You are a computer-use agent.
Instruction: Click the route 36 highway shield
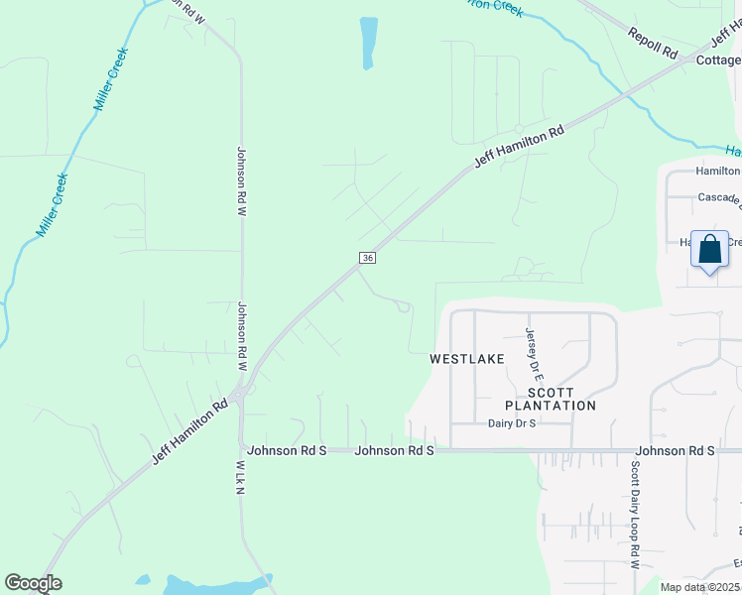pyautogui.click(x=368, y=258)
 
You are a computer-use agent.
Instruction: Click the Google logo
pyautogui.click(x=33, y=584)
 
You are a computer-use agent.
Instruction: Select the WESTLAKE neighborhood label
pyautogui.click(x=467, y=358)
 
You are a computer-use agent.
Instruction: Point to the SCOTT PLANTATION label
pyautogui.click(x=551, y=398)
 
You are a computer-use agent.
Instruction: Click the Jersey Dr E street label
pyautogui.click(x=533, y=354)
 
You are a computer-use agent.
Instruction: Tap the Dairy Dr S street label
pyautogui.click(x=512, y=423)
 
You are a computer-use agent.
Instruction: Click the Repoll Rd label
pyautogui.click(x=652, y=42)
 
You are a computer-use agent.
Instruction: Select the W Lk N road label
pyautogui.click(x=240, y=485)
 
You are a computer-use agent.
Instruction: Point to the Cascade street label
pyautogui.click(x=719, y=198)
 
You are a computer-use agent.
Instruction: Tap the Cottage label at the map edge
pyautogui.click(x=718, y=60)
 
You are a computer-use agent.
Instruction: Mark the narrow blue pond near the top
pyautogui.click(x=369, y=43)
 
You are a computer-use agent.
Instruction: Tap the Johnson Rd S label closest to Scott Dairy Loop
pyautogui.click(x=675, y=451)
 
